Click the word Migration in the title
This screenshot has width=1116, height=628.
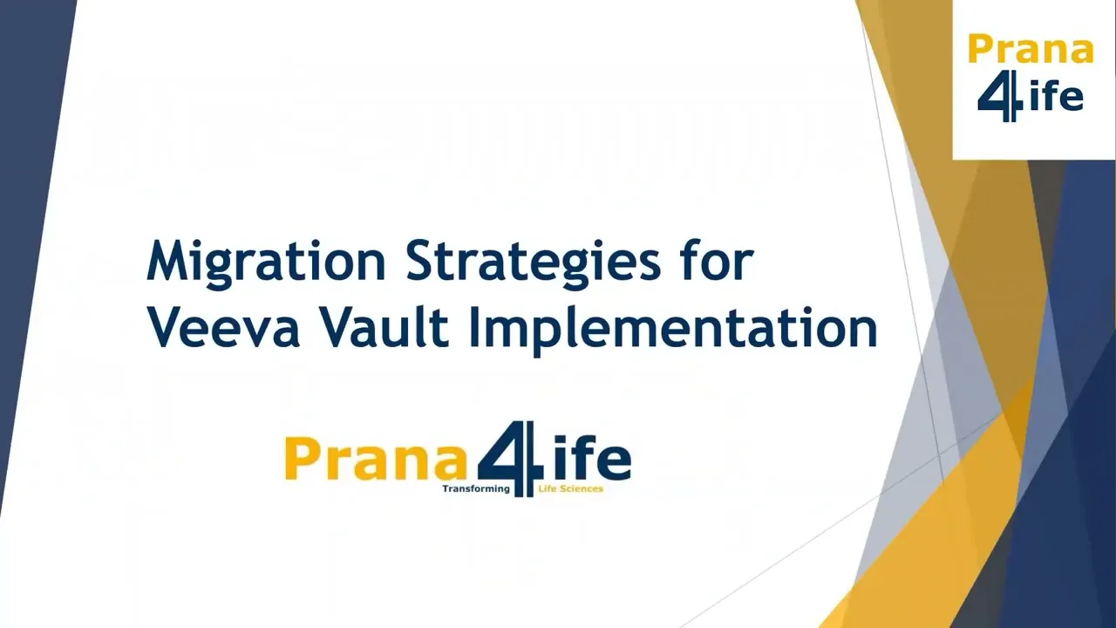(x=266, y=261)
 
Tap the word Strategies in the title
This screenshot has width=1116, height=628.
(x=533, y=261)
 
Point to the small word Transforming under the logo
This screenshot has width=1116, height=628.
(x=475, y=489)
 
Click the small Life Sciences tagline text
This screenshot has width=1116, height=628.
(x=571, y=489)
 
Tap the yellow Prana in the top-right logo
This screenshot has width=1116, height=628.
(x=1030, y=51)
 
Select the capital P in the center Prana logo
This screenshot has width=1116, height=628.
(x=299, y=460)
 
